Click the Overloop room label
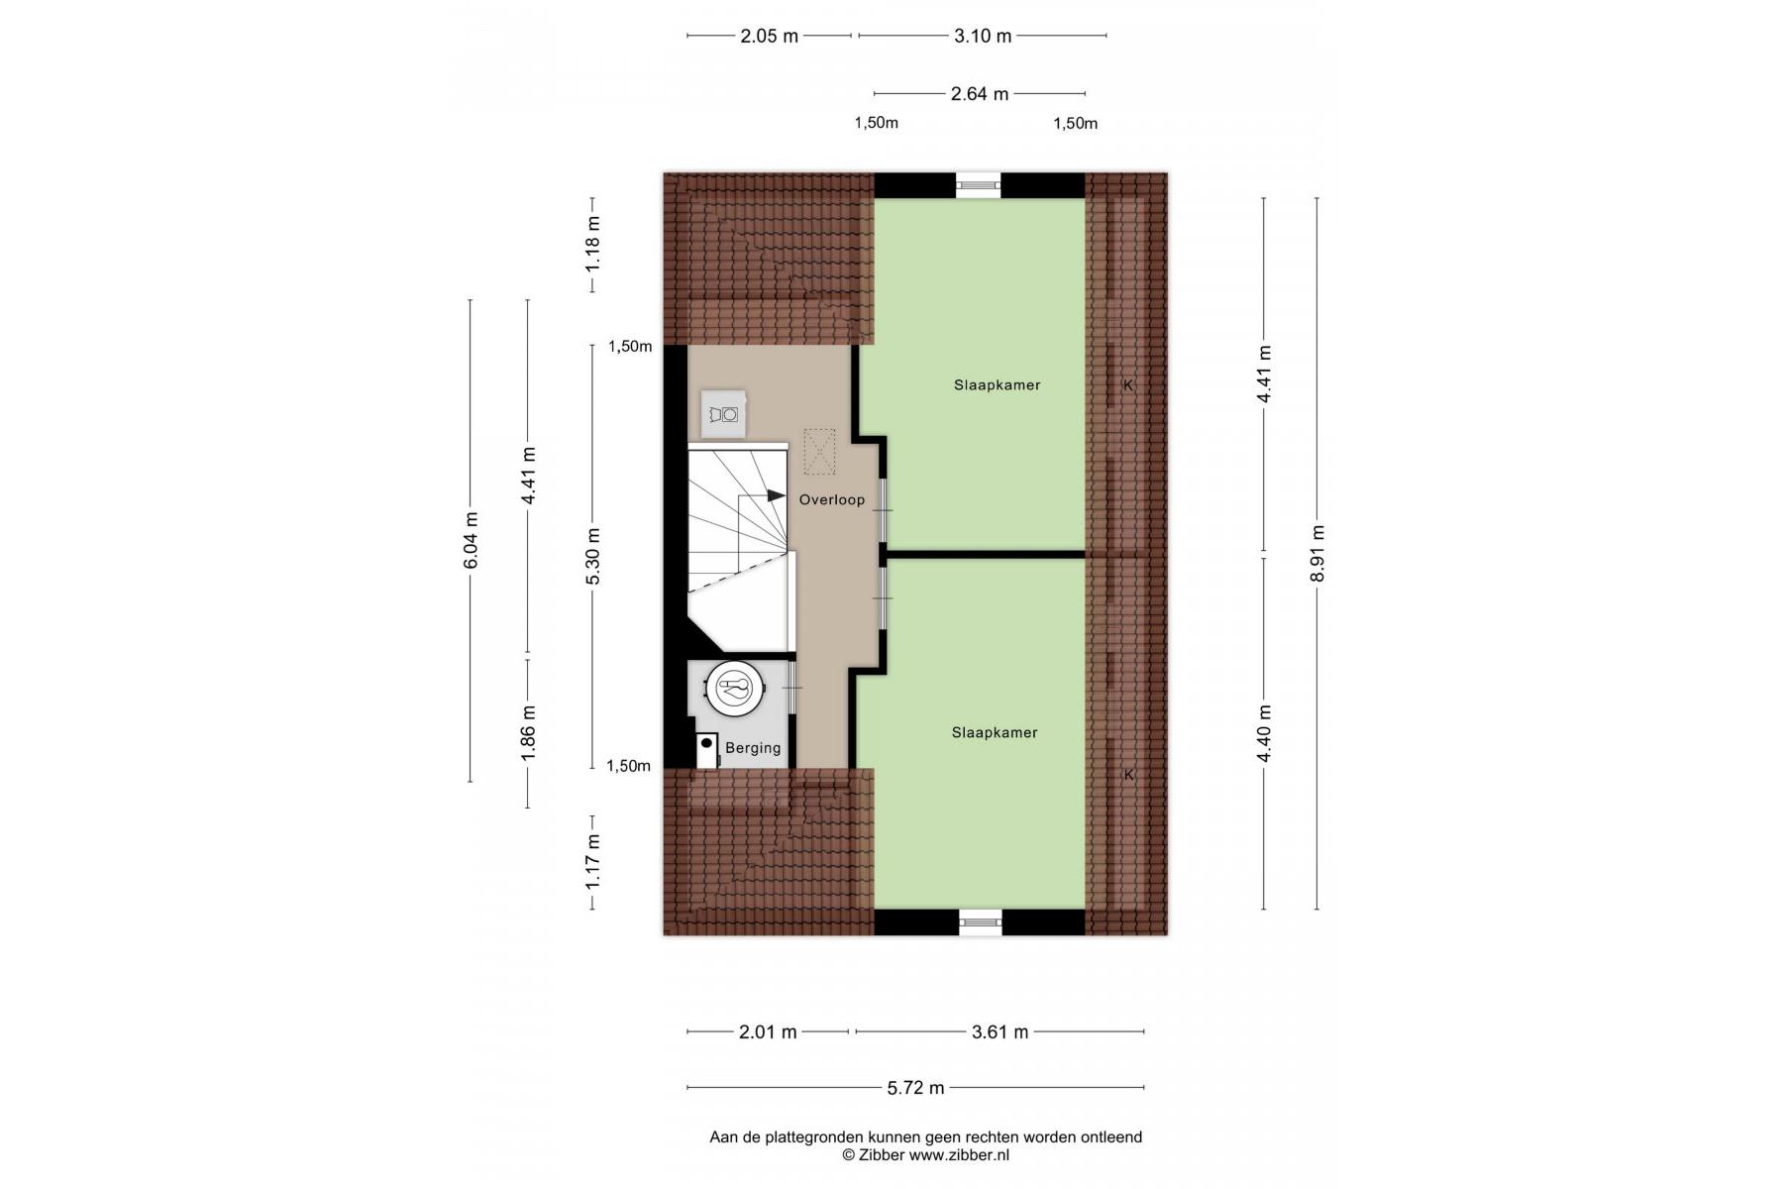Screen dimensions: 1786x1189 coord(832,500)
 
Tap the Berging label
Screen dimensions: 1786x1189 coord(753,748)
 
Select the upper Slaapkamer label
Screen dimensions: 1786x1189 coord(998,385)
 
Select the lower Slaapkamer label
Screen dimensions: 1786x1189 coord(995,733)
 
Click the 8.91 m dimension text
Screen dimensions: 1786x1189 coord(1316,554)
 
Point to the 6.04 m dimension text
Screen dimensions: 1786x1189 coord(471,540)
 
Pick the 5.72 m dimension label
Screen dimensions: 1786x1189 coord(916,1088)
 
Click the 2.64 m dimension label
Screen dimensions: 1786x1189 coord(980,94)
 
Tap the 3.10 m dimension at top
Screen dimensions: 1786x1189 coord(983,36)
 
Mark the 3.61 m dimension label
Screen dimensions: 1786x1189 coord(999,1032)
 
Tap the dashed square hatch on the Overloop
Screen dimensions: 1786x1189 coord(819,452)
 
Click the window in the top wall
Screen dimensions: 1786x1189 coord(978,185)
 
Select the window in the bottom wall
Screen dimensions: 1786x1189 coord(981,922)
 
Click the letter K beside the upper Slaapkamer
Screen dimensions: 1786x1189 coord(1128,385)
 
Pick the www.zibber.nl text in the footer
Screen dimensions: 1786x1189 coord(959,1155)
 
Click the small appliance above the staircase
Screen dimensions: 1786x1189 coord(724,415)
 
